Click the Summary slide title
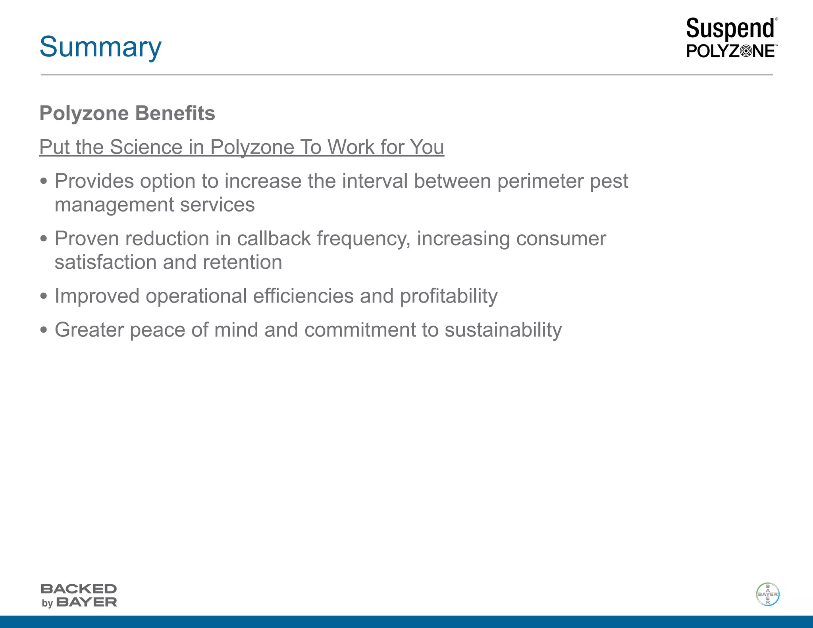100,47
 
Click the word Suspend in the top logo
730,29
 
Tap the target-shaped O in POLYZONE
746,51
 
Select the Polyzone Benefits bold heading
127,113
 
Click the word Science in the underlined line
146,147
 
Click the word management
114,205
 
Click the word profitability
449,296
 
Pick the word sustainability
503,330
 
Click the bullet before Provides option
44,182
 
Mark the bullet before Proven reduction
44,239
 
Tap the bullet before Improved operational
44,297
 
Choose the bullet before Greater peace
44,330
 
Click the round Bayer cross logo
767,594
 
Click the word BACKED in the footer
79,589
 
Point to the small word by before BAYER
47,603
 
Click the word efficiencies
303,296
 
